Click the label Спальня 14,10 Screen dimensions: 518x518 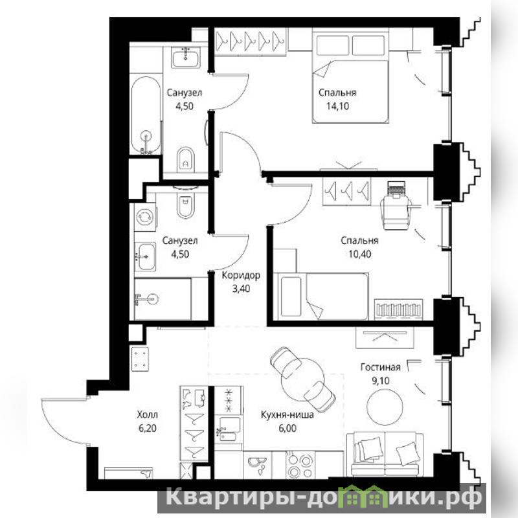(x=337, y=99)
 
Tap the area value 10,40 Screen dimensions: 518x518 (x=359, y=254)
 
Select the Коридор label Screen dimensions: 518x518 (x=241, y=275)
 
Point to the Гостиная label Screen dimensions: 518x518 (x=380, y=367)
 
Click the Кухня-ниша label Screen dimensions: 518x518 (x=287, y=414)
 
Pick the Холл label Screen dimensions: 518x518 (x=148, y=414)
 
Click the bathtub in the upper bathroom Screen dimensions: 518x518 (x=146, y=115)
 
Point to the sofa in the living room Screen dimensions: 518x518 (x=385, y=455)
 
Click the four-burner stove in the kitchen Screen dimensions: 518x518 (x=300, y=464)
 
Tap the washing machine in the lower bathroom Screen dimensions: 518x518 (x=145, y=217)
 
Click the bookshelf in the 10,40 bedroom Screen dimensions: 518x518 (x=398, y=310)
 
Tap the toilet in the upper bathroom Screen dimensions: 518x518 (x=186, y=160)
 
